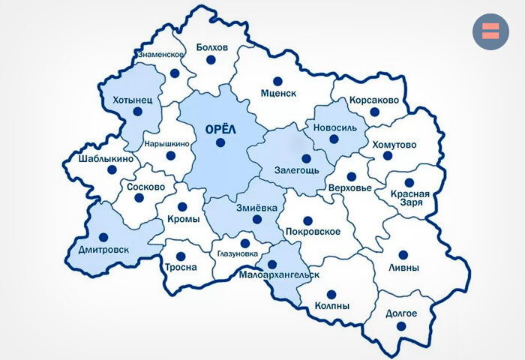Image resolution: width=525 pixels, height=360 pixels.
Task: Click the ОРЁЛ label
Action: click(x=220, y=128)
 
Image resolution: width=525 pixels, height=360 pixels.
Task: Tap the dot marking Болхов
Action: click(x=211, y=59)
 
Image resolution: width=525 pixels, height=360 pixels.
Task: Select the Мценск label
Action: click(x=278, y=94)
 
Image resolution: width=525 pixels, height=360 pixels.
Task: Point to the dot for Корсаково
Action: click(x=375, y=112)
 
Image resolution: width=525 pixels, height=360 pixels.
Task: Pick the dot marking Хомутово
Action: click(x=388, y=156)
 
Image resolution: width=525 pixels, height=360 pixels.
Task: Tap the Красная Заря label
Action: click(x=409, y=198)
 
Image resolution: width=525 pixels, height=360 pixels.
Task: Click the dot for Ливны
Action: click(x=403, y=255)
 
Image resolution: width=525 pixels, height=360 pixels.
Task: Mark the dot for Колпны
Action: click(x=331, y=294)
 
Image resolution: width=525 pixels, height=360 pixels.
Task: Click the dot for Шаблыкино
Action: click(x=112, y=170)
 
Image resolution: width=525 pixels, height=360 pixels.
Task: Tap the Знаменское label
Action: click(x=160, y=55)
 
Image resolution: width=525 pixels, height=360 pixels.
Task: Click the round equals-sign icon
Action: click(x=490, y=31)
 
